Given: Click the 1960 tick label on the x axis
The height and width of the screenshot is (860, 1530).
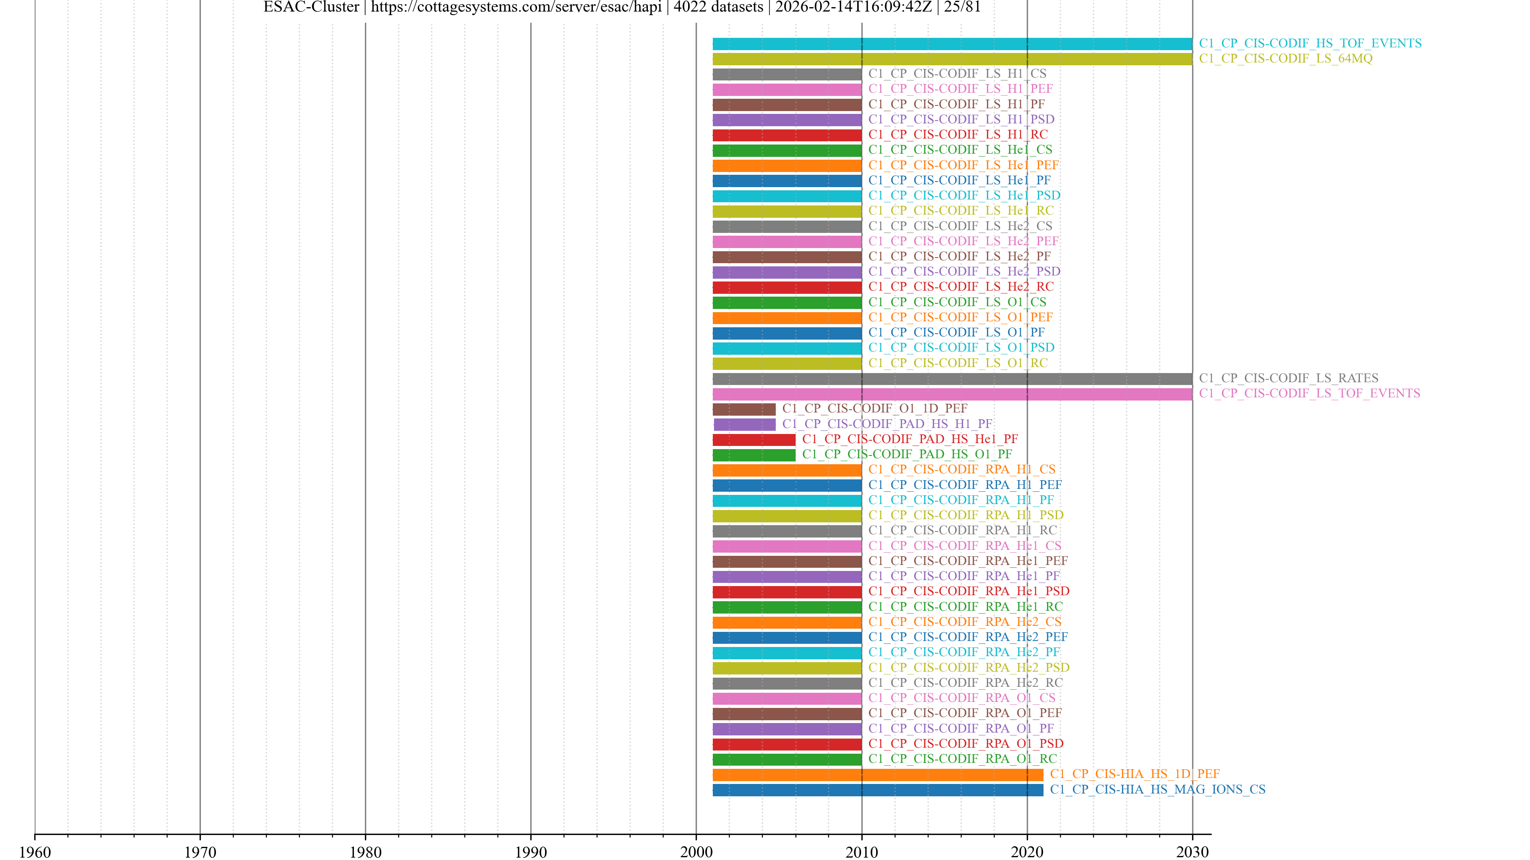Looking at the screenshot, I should [x=35, y=852].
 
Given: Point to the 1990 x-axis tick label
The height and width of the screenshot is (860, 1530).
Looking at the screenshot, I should [x=530, y=852].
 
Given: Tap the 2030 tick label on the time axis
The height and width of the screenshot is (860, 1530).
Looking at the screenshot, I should [x=1192, y=852].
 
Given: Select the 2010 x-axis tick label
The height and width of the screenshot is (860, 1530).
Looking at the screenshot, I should [x=861, y=852].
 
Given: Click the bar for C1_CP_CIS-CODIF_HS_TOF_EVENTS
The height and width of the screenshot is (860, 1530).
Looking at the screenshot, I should [x=952, y=44].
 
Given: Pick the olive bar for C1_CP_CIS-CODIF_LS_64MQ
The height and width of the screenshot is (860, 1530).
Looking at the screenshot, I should [x=952, y=59].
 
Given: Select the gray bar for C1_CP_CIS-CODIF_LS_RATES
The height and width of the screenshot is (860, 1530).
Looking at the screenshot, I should [x=952, y=379].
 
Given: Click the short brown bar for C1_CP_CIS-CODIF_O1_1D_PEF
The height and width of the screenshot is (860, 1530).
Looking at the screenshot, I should [x=743, y=409].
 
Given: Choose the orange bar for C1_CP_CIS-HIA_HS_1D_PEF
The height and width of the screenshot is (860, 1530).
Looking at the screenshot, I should [x=877, y=774].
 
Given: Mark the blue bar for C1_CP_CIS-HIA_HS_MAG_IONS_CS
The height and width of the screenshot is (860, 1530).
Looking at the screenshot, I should [x=877, y=790].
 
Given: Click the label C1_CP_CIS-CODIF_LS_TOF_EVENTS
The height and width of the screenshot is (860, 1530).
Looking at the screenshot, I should [x=1309, y=393].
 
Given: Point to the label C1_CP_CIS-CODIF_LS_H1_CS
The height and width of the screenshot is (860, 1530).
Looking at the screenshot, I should [x=957, y=74].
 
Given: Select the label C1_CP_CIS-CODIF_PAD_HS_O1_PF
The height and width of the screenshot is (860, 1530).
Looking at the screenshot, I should [x=907, y=454].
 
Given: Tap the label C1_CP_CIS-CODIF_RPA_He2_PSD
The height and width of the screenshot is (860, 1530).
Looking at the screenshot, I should [x=969, y=668].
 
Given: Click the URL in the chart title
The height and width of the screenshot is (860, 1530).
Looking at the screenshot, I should [x=516, y=7].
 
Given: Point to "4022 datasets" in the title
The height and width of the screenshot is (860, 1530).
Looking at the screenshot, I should [x=718, y=7].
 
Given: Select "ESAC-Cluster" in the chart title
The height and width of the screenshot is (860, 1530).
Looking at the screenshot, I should [x=311, y=7].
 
